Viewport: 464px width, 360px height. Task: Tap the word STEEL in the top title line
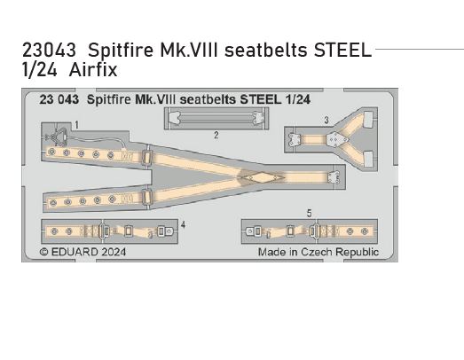tap(343, 50)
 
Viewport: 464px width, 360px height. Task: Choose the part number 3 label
tap(326, 120)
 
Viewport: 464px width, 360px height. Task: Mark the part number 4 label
tap(183, 225)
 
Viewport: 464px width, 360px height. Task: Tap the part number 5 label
tap(308, 214)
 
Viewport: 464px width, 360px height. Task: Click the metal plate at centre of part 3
tap(334, 139)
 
